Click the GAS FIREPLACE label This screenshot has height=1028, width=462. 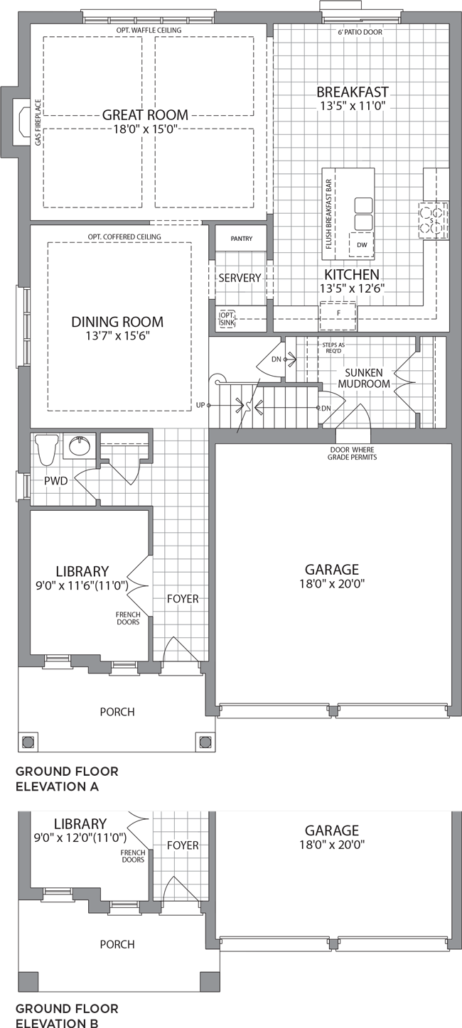pyautogui.click(x=38, y=122)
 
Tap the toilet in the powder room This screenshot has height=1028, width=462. pyautogui.click(x=46, y=449)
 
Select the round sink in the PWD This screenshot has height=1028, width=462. pyautogui.click(x=80, y=445)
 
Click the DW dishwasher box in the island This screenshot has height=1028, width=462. pyautogui.click(x=362, y=244)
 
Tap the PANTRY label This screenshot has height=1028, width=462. pyautogui.click(x=242, y=239)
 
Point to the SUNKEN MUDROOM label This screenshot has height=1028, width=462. pyautogui.click(x=364, y=378)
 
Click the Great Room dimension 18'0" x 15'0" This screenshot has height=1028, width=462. pyautogui.click(x=145, y=129)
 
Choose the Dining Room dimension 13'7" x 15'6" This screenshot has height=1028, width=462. pyautogui.click(x=117, y=336)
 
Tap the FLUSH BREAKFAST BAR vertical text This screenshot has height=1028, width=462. pyautogui.click(x=328, y=214)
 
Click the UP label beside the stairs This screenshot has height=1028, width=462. pyautogui.click(x=200, y=406)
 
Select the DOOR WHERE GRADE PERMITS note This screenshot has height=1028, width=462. pyautogui.click(x=353, y=453)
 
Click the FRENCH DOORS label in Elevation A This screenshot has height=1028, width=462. pyautogui.click(x=128, y=618)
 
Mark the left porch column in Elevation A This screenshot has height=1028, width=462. pyautogui.click(x=27, y=742)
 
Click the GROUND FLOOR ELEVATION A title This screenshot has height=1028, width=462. pyautogui.click(x=67, y=779)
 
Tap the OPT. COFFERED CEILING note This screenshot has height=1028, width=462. pyautogui.click(x=124, y=237)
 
